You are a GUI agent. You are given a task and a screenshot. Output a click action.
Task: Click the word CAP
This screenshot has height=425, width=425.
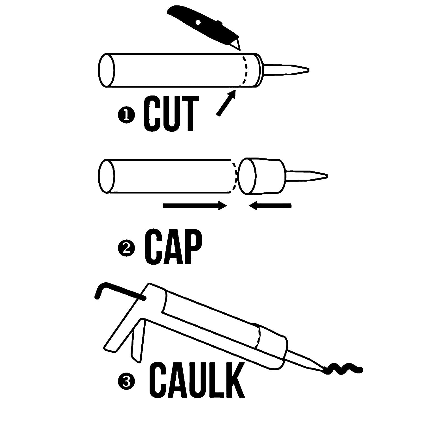coord(173,246)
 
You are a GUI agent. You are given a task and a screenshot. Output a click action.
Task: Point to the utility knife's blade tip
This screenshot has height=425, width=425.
coord(240,50)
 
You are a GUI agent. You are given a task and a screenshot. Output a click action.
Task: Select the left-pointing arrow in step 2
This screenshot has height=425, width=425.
coord(270,206)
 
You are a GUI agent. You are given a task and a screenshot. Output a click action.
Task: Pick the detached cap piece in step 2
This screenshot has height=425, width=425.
coord(261,176)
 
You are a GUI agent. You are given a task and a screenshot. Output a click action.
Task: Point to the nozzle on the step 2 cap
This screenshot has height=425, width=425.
coord(306,176)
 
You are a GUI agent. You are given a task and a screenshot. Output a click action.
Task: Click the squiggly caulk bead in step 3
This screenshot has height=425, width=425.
coord(343,369)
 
